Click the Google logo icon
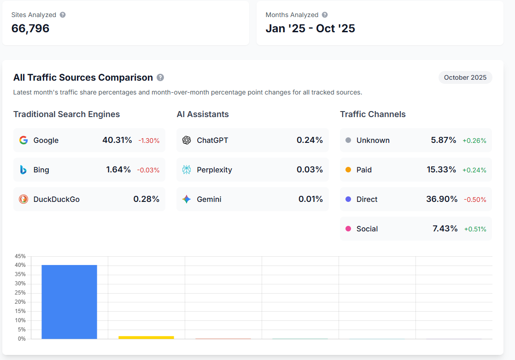click(23, 140)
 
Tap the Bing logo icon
click(23, 170)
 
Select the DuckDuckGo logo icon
click(23, 199)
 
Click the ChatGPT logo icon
click(187, 140)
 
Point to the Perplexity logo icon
click(187, 170)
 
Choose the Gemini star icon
click(187, 199)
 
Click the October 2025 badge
click(465, 77)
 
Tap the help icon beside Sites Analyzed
click(63, 15)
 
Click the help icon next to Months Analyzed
click(325, 15)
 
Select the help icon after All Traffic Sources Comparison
click(160, 77)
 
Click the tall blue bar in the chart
click(69, 302)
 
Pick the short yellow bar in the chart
click(146, 337)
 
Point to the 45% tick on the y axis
click(20, 256)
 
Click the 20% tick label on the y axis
click(20, 302)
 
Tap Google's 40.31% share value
click(117, 140)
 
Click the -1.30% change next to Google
click(149, 141)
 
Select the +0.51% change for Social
click(475, 229)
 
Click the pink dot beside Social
click(348, 229)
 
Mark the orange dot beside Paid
click(348, 170)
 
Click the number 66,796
click(30, 29)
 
